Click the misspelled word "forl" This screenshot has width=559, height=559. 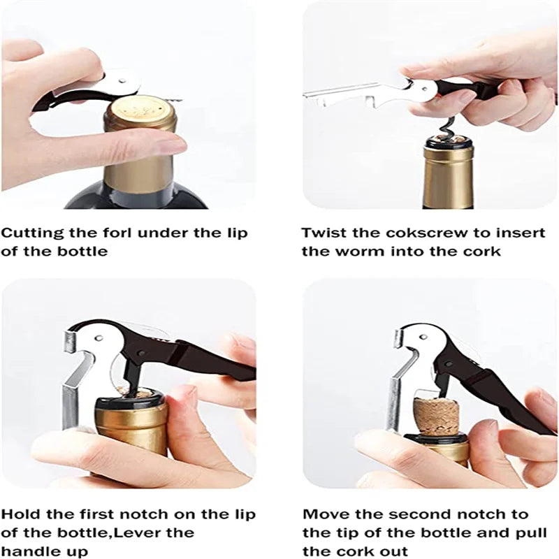117,233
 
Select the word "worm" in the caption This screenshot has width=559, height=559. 361,252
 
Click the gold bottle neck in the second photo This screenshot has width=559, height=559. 448,177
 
